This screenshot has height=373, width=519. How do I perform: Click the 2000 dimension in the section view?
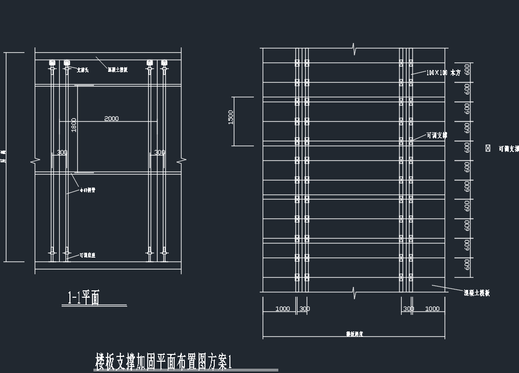[112, 119]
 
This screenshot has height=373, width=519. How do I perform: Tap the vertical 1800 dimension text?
[74, 125]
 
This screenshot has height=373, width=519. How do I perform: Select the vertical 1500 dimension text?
[231, 117]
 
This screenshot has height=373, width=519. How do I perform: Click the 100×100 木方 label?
[443, 72]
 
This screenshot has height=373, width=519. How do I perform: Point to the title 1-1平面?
[83, 298]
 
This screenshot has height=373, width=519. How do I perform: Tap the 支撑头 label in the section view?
[83, 70]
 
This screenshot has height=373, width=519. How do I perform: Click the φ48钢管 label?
[88, 190]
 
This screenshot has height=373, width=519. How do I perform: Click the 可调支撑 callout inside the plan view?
[437, 135]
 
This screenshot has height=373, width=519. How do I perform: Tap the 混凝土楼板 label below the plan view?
[477, 293]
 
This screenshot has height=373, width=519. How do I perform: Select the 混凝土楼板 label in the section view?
[117, 70]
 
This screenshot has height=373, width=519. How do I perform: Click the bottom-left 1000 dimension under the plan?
[283, 309]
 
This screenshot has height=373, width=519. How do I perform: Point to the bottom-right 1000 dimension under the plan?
[432, 309]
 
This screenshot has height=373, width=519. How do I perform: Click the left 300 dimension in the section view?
[62, 153]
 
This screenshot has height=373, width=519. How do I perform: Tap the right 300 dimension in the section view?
[159, 153]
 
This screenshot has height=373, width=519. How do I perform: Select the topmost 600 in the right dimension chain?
[468, 69]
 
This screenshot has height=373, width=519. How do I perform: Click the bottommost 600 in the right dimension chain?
[468, 264]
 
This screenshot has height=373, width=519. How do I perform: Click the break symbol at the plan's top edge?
[356, 48]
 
